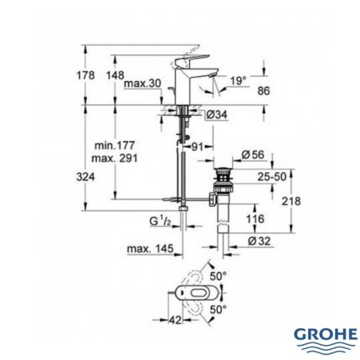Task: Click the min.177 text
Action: tap(113, 146)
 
